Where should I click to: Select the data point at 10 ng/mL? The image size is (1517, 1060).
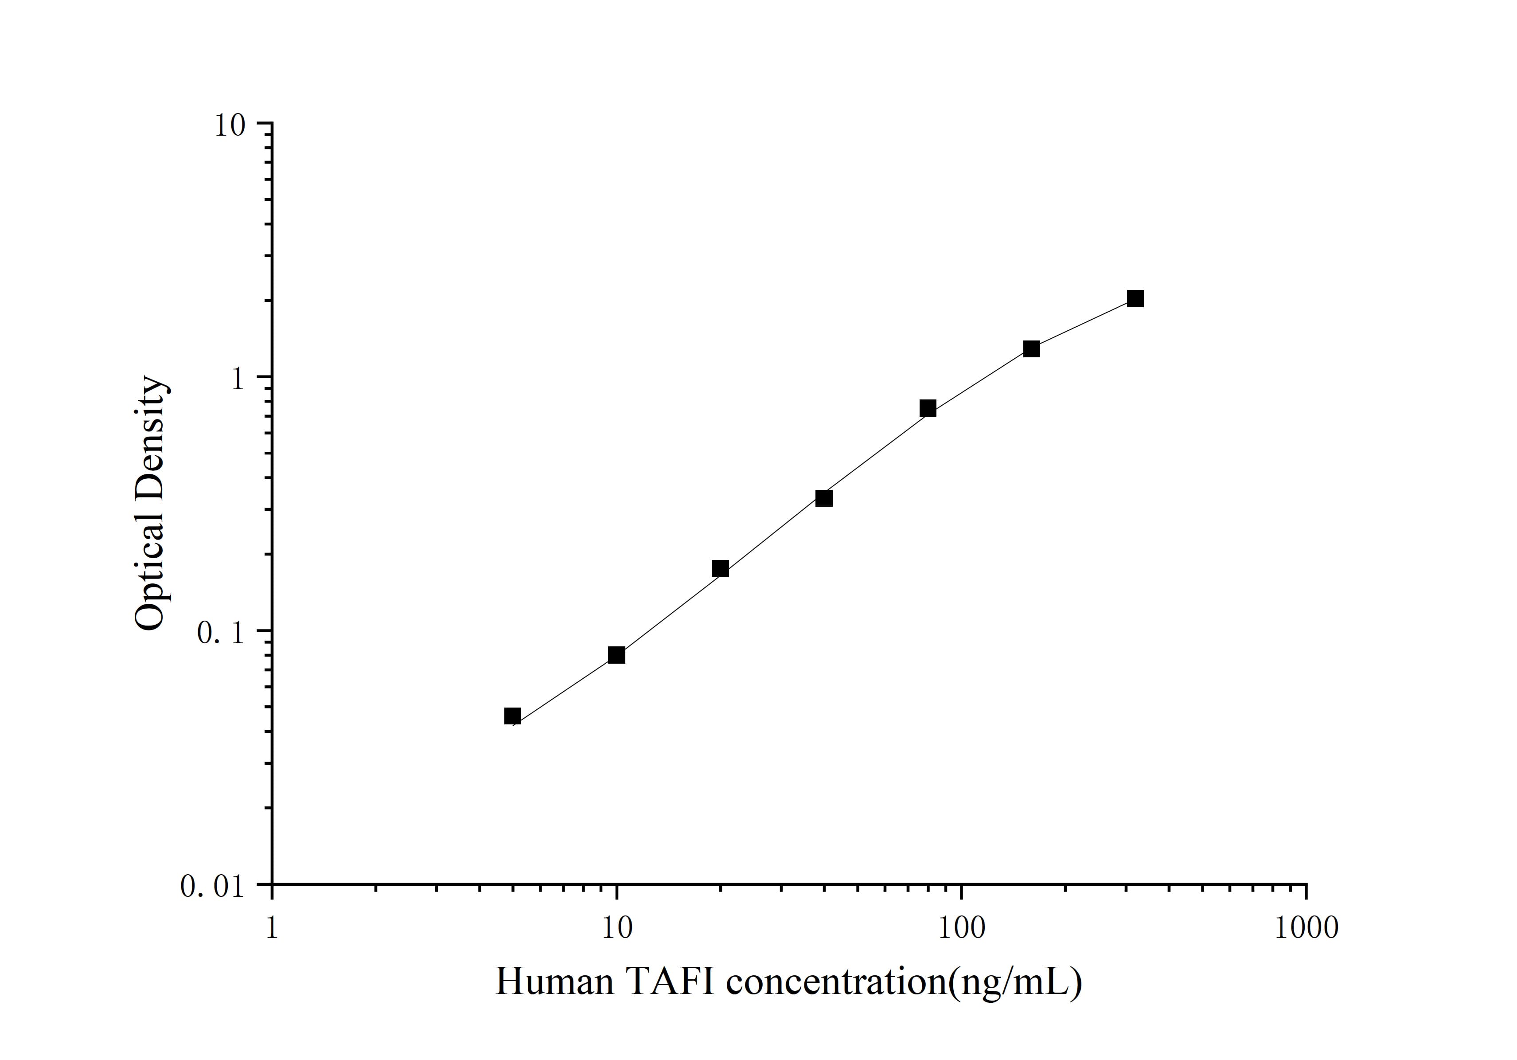(616, 655)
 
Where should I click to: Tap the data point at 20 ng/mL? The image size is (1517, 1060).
(720, 568)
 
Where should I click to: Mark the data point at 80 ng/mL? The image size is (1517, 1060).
(928, 408)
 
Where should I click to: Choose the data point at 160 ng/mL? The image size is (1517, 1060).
(1031, 348)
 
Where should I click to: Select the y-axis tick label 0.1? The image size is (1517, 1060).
(220, 633)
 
